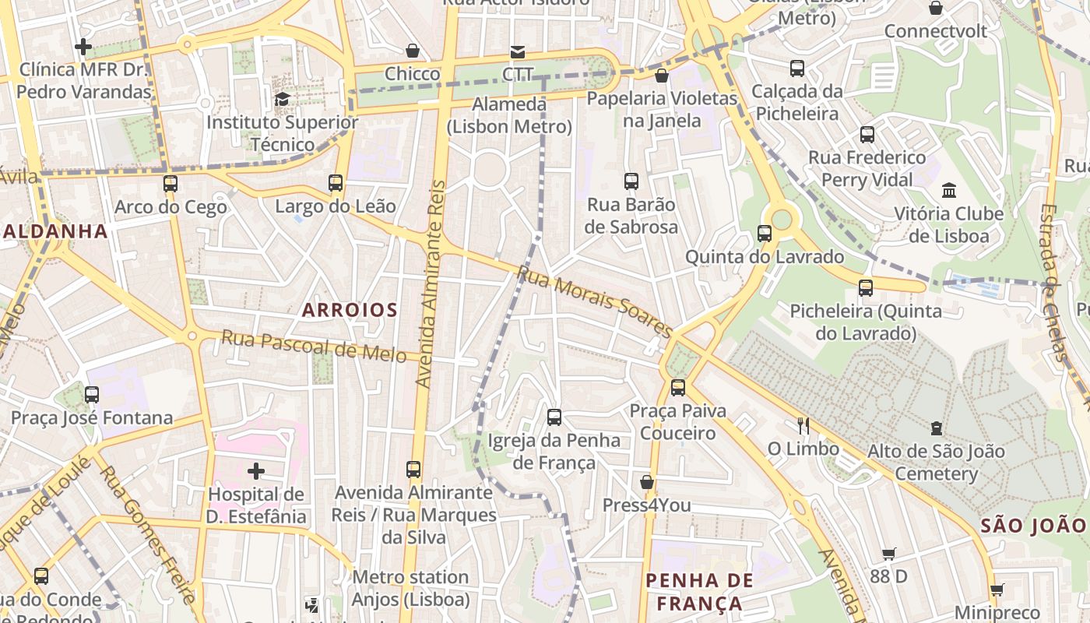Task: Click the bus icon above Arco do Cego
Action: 170,184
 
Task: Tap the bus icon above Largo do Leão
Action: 335,183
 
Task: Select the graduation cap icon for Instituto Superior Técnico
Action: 282,99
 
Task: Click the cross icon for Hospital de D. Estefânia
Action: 255,470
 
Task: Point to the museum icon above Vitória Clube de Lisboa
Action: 948,190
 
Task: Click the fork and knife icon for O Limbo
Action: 803,425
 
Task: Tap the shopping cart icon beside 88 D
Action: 888,554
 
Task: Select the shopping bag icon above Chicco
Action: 413,51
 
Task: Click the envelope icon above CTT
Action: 517,51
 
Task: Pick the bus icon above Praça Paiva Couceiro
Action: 677,387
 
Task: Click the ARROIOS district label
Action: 350,310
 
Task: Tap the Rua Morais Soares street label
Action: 595,302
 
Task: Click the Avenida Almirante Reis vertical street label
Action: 431,284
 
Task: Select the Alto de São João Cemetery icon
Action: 936,428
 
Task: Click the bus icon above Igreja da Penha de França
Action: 554,417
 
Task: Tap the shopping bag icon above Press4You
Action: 646,482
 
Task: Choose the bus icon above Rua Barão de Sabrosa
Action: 631,181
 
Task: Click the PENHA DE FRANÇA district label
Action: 699,592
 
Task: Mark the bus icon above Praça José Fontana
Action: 92,394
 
